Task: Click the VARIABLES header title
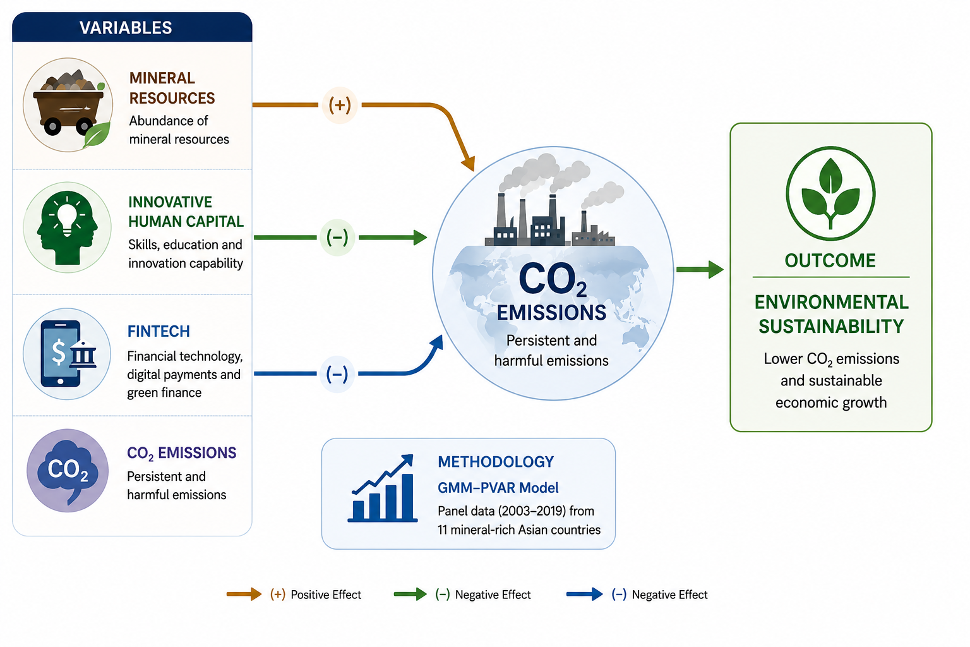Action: pyautogui.click(x=126, y=28)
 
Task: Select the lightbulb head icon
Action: pyautogui.click(x=67, y=227)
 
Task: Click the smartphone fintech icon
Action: pyautogui.click(x=67, y=354)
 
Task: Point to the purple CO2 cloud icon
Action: pyautogui.click(x=68, y=471)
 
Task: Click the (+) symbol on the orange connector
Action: pyautogui.click(x=340, y=106)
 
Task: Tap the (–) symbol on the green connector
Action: pyautogui.click(x=337, y=238)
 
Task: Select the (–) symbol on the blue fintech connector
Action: pyautogui.click(x=337, y=374)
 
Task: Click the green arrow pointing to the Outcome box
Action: pyautogui.click(x=700, y=270)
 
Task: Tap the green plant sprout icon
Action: pyautogui.click(x=830, y=193)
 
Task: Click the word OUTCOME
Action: pyautogui.click(x=830, y=260)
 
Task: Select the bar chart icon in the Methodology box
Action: pyautogui.click(x=383, y=488)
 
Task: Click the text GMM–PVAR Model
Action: pyautogui.click(x=498, y=488)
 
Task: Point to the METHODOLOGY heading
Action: pyautogui.click(x=496, y=462)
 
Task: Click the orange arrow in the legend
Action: pyautogui.click(x=244, y=594)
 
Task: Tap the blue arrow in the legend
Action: pyautogui.click(x=585, y=594)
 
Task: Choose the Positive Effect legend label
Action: pyautogui.click(x=326, y=595)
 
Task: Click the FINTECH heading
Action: pyautogui.click(x=159, y=332)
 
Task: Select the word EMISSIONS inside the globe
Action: pyautogui.click(x=551, y=313)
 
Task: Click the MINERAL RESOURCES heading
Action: pyautogui.click(x=172, y=88)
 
